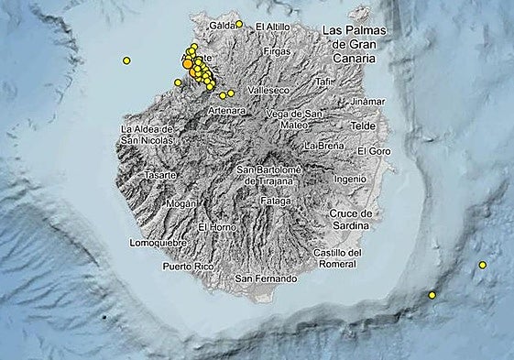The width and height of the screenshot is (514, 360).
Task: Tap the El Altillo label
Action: point(272,27)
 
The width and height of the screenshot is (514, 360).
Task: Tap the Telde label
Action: point(364,124)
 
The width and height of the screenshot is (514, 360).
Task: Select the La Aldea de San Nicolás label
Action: point(147,135)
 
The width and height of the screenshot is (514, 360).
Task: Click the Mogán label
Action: point(182,205)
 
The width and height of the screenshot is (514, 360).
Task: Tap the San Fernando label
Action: point(267,278)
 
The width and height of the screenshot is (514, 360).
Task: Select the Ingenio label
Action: point(355,179)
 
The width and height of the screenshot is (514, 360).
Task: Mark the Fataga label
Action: point(275,200)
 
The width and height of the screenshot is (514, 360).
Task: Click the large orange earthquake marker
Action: point(188,64)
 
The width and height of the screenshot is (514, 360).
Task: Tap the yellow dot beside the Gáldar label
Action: point(239,24)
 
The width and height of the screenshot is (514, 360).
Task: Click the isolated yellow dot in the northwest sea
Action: point(126,60)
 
